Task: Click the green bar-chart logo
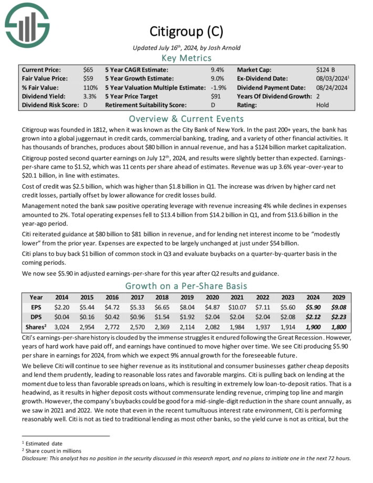27,24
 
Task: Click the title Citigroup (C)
186,32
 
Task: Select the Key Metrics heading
186,58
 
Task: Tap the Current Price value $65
88,69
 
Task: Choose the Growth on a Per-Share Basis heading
186,286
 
